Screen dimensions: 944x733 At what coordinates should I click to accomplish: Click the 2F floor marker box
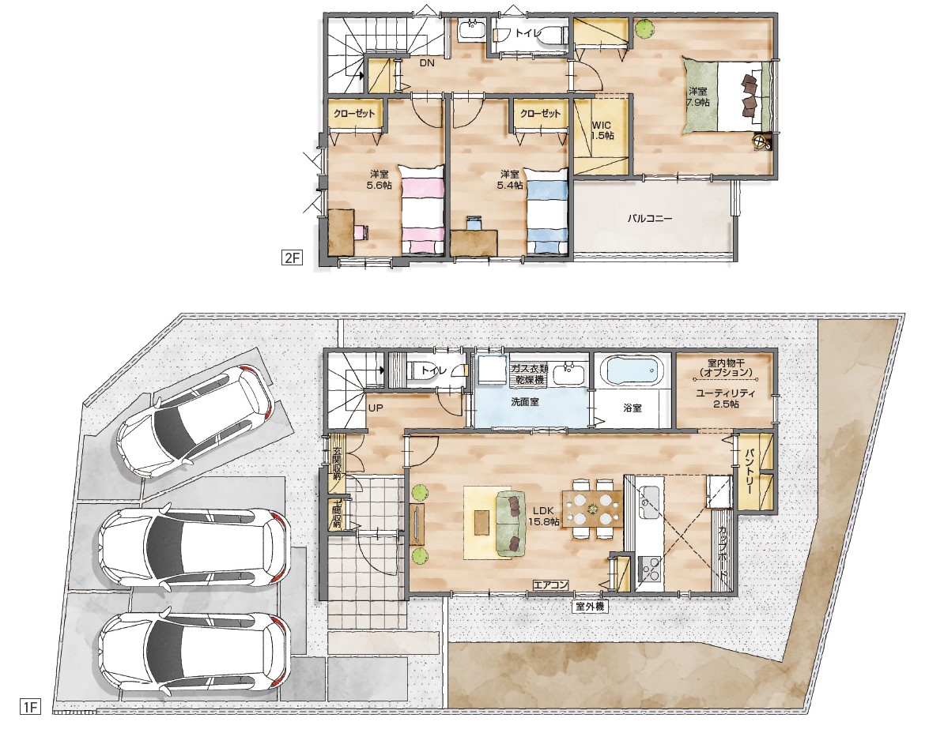coord(292,258)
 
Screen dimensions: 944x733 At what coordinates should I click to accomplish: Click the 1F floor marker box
coord(29,706)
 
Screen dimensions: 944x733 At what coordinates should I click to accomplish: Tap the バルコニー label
coord(650,219)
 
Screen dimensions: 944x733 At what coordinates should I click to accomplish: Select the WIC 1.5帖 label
coord(602,130)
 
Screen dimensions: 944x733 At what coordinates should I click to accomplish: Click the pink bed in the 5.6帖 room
coord(423,210)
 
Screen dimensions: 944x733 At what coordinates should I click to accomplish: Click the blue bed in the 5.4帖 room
coord(547,210)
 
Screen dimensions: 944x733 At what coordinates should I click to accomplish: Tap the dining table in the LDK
coord(593,509)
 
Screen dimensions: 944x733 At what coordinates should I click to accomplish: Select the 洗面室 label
coord(524,402)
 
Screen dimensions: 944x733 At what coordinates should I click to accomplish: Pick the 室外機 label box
coord(589,607)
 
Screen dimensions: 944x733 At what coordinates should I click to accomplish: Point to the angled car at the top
coord(196,419)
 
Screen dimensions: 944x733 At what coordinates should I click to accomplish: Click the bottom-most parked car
coord(194,651)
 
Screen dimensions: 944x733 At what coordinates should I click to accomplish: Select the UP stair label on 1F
coord(375,408)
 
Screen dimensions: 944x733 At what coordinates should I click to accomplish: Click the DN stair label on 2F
coord(426,63)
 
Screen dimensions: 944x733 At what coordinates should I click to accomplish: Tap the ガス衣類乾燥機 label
coord(528,374)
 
